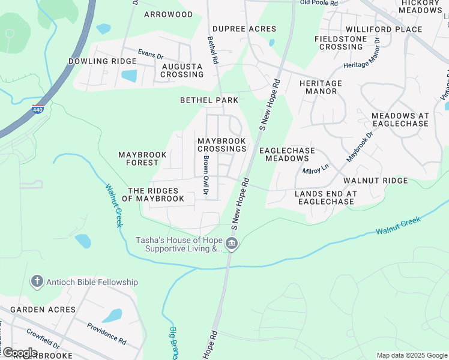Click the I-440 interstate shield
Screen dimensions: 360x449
pyautogui.click(x=38, y=109)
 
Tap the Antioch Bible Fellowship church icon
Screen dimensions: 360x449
pyautogui.click(x=37, y=281)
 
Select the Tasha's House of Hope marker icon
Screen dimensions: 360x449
pyautogui.click(x=232, y=244)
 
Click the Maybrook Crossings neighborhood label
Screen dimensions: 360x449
pyautogui.click(x=221, y=145)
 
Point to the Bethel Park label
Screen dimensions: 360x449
pyautogui.click(x=209, y=100)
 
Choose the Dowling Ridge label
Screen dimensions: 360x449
pyautogui.click(x=102, y=61)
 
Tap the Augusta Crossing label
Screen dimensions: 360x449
pyautogui.click(x=182, y=70)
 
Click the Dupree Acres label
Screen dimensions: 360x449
pyautogui.click(x=244, y=29)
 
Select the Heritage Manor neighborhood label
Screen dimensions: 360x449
pyautogui.click(x=321, y=88)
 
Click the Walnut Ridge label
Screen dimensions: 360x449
pyautogui.click(x=375, y=180)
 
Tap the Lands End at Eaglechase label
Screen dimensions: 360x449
pyautogui.click(x=326, y=197)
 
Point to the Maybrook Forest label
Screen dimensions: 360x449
pyautogui.click(x=142, y=158)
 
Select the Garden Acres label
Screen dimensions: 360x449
pyautogui.click(x=43, y=310)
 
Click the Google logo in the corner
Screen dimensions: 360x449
pyautogui.click(x=19, y=353)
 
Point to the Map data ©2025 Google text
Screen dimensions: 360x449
pyautogui.click(x=411, y=355)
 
